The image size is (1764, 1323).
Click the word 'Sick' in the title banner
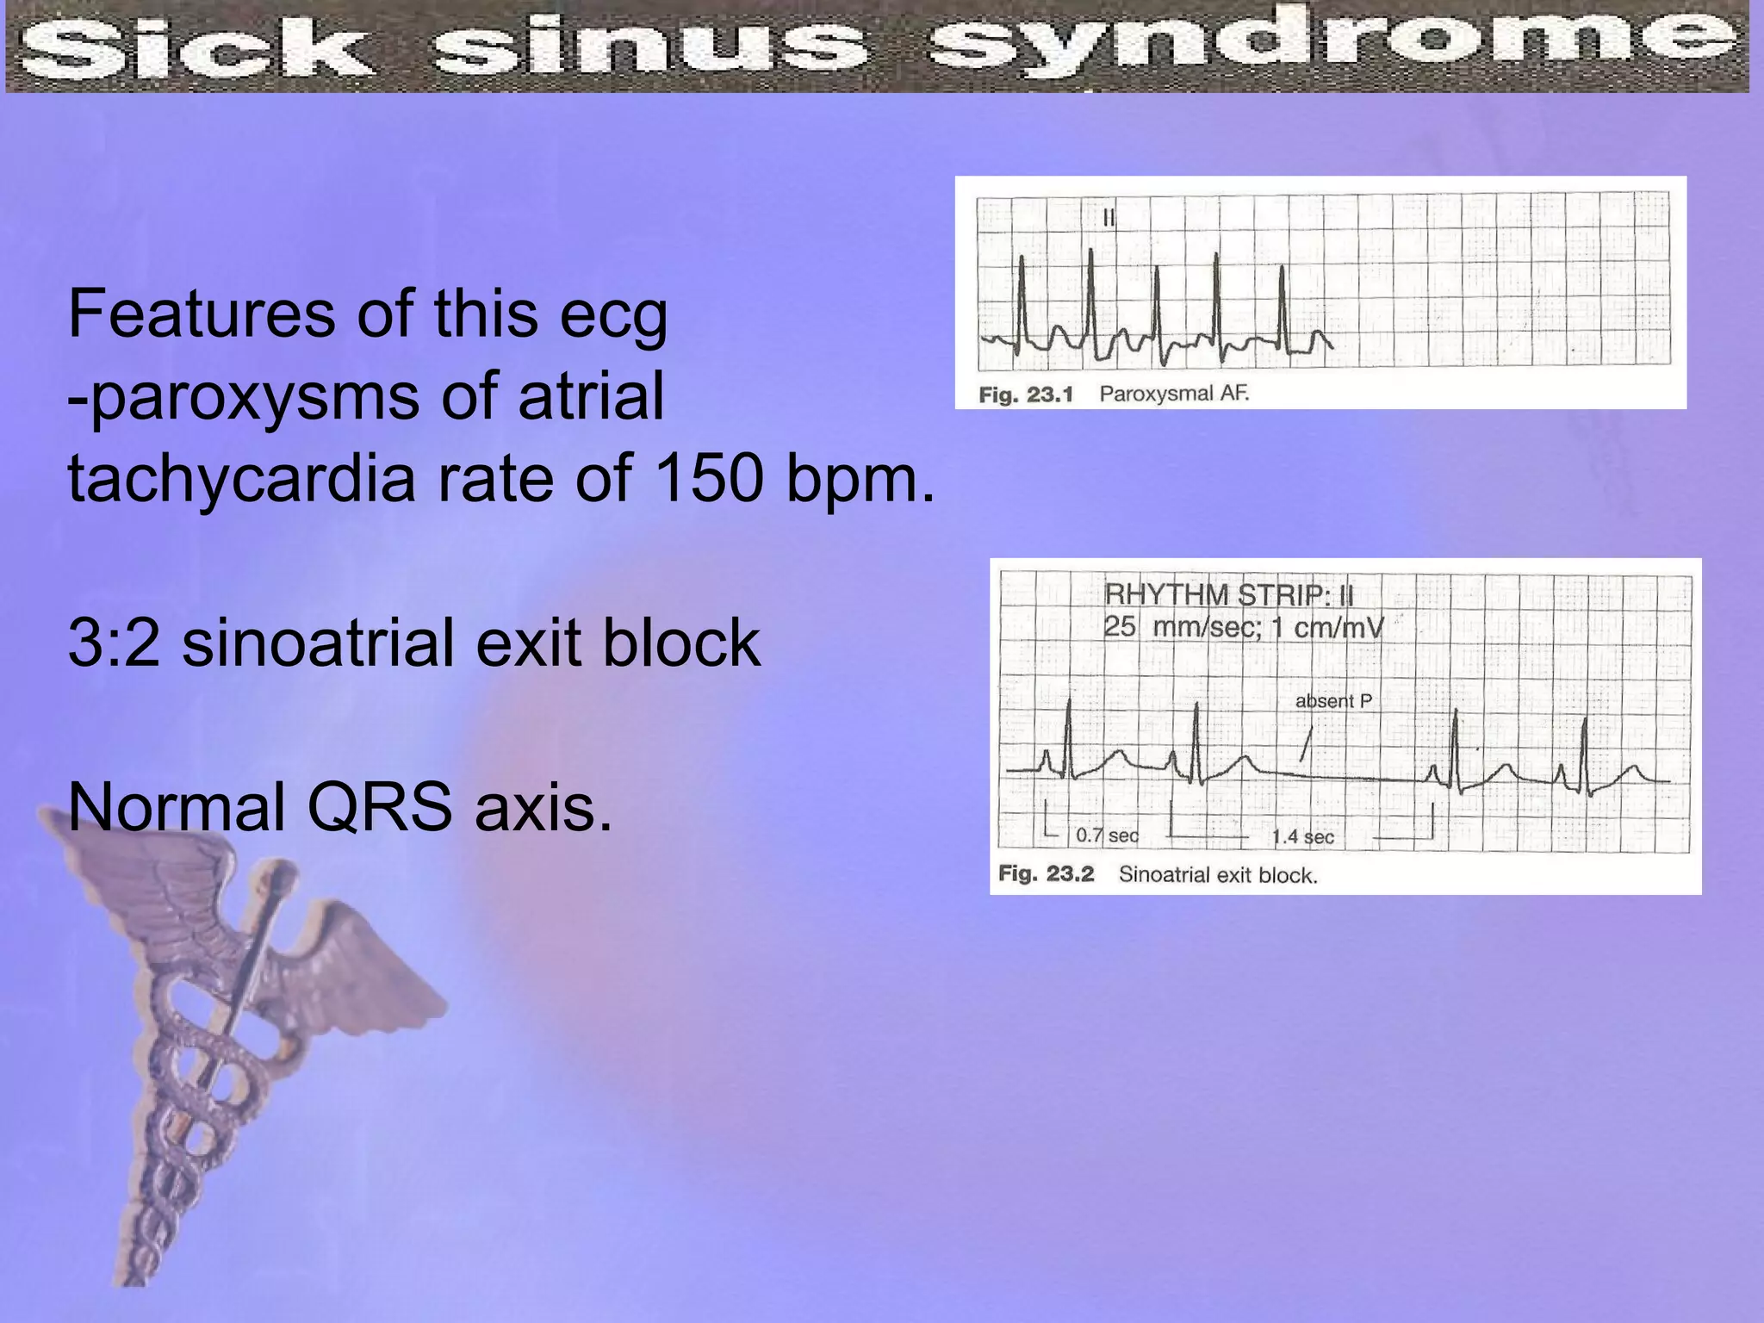194,47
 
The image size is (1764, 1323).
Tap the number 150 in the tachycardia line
708,479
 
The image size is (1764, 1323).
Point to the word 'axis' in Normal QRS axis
543,808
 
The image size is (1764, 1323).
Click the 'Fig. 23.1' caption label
1026,395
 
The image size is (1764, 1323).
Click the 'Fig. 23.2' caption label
1046,874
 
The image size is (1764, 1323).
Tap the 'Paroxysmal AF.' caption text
1174,394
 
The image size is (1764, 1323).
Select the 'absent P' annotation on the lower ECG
1333,701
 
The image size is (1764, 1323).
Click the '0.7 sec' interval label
1107,835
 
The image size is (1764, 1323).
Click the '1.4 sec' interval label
1302,836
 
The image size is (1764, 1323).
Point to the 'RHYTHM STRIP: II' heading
1228,594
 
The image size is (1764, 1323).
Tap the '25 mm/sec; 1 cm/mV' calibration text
1243,627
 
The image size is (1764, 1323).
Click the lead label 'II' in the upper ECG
1109,218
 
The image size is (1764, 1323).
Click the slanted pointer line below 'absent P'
1306,743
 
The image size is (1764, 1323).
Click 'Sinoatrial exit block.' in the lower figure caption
1218,876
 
